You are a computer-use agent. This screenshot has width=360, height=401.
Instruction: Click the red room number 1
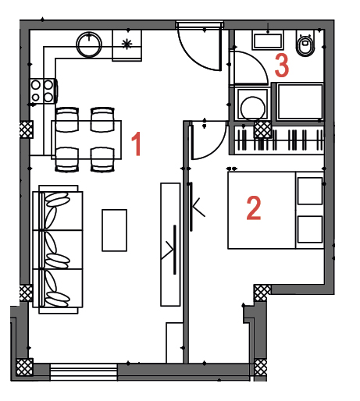pyautogui.click(x=136, y=144)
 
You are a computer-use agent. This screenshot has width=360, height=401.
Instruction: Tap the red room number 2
pyautogui.click(x=254, y=208)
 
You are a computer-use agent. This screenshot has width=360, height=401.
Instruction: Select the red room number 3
pyautogui.click(x=282, y=65)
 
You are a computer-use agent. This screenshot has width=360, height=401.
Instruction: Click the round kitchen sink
pyautogui.click(x=89, y=44)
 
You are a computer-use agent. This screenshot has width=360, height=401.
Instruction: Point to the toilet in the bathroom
pyautogui.click(x=305, y=44)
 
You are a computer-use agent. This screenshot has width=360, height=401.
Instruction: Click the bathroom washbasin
pyautogui.click(x=268, y=41)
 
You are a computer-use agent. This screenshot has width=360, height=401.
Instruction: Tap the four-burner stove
pyautogui.click(x=43, y=91)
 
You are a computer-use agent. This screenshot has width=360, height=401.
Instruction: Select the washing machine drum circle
pyautogui.click(x=253, y=108)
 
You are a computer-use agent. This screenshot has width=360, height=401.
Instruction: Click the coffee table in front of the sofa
pyautogui.click(x=114, y=230)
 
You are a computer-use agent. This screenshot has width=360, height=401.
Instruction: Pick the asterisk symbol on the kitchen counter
pyautogui.click(x=127, y=44)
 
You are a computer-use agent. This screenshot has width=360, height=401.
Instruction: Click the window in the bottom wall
pyautogui.click(x=84, y=372)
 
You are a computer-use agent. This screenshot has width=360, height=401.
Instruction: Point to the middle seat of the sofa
pyautogui.click(x=58, y=250)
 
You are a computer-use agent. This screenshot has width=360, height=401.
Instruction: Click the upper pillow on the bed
pyautogui.click(x=310, y=191)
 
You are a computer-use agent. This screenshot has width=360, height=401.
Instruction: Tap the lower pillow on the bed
pyautogui.click(x=310, y=229)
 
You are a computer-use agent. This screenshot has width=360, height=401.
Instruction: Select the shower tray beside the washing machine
pyautogui.click(x=300, y=101)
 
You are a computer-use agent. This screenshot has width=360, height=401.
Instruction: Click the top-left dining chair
pyautogui.click(x=67, y=120)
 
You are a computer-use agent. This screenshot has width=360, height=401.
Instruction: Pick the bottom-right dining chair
pyautogui.click(x=102, y=159)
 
